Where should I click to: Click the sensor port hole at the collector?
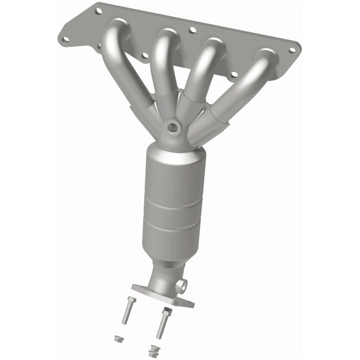pyautogui.click(x=173, y=127)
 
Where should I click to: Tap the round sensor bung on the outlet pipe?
pyautogui.click(x=182, y=286)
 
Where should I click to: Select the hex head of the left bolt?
pyautogui.click(x=130, y=299)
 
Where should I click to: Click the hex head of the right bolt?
pyautogui.click(x=166, y=311)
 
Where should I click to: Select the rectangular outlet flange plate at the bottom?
pyautogui.click(x=162, y=296)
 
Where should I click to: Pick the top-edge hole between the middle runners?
pyautogui.click(x=192, y=30)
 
